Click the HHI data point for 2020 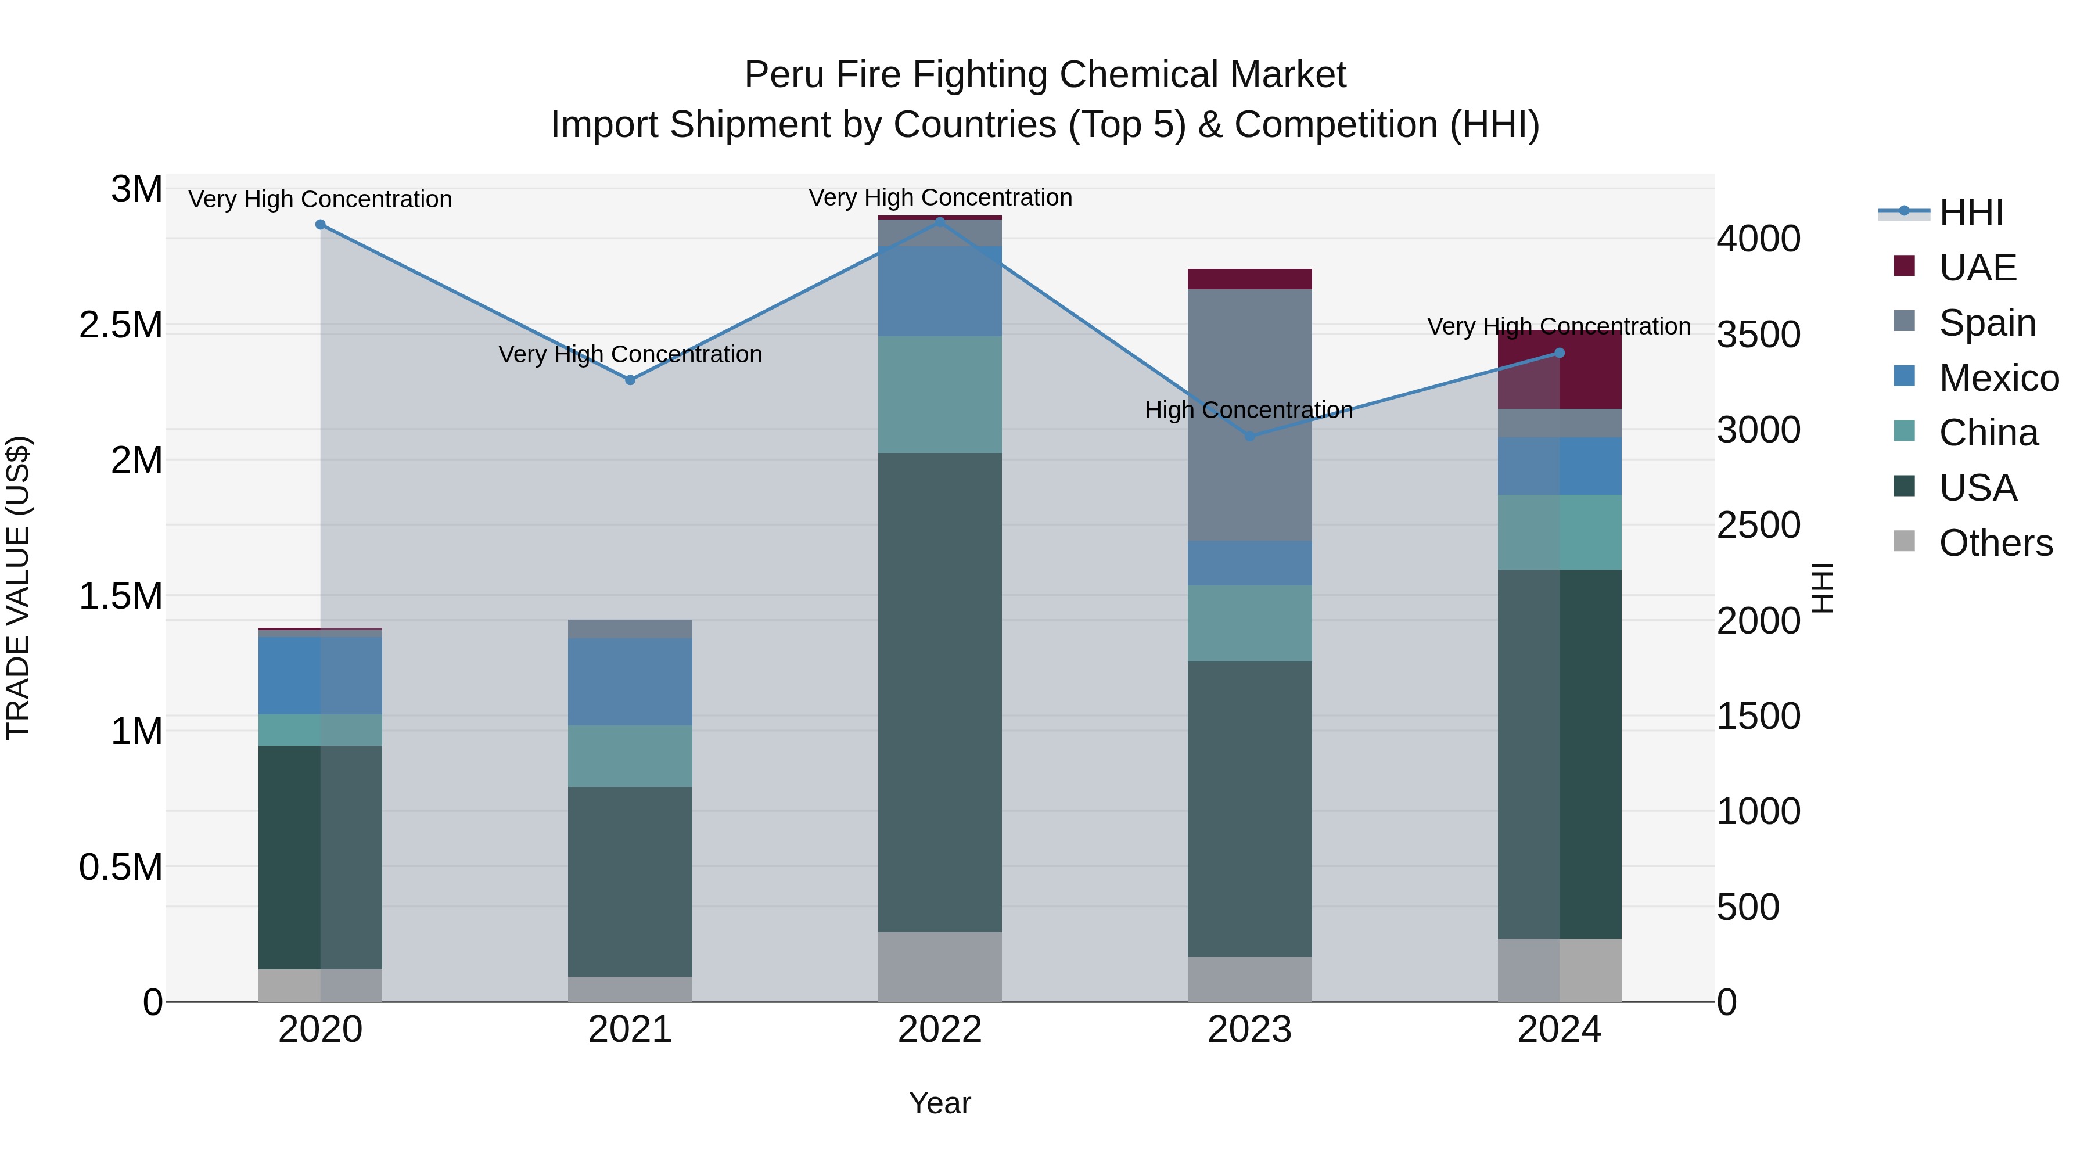pyautogui.click(x=320, y=225)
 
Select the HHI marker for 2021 pyautogui.click(x=630, y=380)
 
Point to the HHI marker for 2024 pyautogui.click(x=1560, y=353)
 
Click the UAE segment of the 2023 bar pyautogui.click(x=1249, y=279)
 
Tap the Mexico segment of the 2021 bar pyautogui.click(x=630, y=681)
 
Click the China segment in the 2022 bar pyautogui.click(x=940, y=394)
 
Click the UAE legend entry pyautogui.click(x=1977, y=268)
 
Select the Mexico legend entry pyautogui.click(x=1999, y=378)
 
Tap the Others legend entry pyautogui.click(x=1995, y=543)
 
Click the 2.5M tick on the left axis pyautogui.click(x=121, y=325)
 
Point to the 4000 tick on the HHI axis pyautogui.click(x=1758, y=239)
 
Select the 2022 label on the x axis pyautogui.click(x=940, y=1030)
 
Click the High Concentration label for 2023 pyautogui.click(x=1248, y=410)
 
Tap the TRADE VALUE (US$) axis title pyautogui.click(x=18, y=588)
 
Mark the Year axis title pyautogui.click(x=940, y=1103)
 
